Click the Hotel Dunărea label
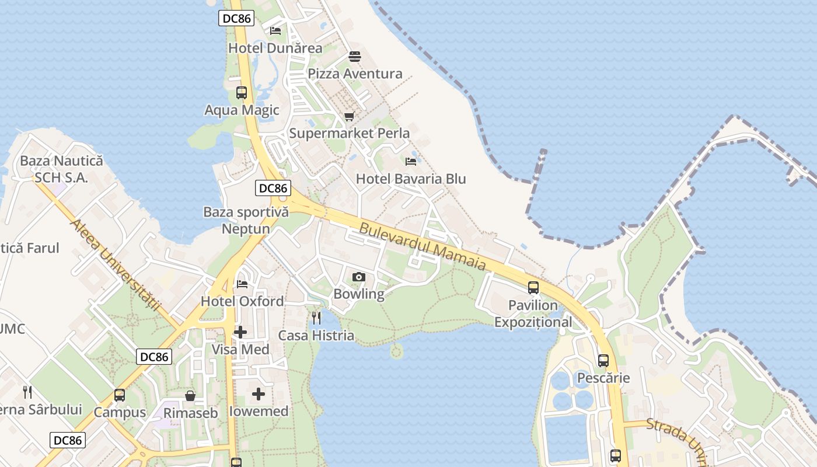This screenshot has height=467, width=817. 275,48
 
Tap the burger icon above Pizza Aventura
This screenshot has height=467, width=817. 354,57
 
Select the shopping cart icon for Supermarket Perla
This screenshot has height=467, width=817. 349,116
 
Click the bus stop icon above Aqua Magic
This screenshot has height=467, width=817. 241,92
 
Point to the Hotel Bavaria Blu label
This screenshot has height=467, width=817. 411,179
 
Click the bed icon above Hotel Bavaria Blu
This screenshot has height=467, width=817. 411,161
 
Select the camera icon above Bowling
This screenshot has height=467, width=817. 359,277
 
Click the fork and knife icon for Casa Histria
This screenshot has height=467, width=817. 316,318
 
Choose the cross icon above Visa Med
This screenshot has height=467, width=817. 240,332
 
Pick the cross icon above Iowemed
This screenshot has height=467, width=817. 259,394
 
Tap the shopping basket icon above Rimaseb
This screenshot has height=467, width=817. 190,396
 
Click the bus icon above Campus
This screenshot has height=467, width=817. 120,395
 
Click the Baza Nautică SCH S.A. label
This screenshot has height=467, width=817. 61,169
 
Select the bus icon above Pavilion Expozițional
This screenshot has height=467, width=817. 533,287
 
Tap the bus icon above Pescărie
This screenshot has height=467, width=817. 603,360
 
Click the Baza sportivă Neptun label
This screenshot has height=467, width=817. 246,220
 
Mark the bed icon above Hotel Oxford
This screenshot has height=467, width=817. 242,284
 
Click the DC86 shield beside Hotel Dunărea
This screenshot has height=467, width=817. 237,18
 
